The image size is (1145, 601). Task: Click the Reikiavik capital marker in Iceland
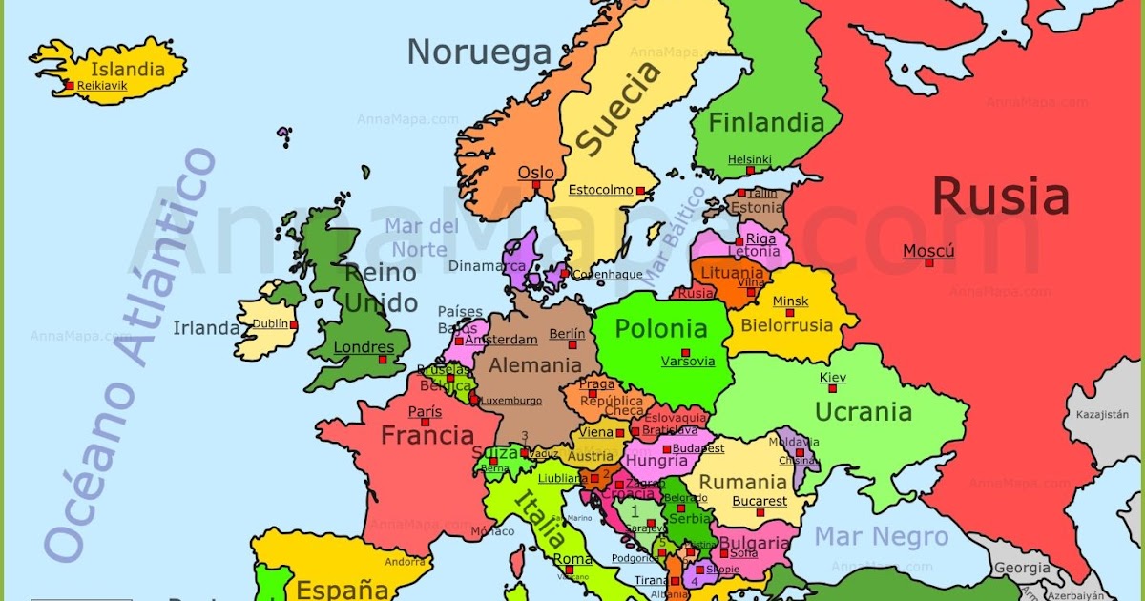pos(70,86)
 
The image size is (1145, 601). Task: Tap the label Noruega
pos(480,52)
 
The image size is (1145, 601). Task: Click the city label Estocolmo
pos(600,190)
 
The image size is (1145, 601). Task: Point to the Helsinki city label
pos(749,159)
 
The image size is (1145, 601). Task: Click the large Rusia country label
pos(1000,197)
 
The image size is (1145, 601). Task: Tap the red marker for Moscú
pos(929,262)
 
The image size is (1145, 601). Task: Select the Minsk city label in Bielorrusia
pos(790,301)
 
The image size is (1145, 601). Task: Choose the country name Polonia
pos(661,329)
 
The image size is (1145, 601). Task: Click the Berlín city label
pos(567,335)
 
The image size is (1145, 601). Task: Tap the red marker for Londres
pos(384,360)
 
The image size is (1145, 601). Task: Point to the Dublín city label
pos(270,323)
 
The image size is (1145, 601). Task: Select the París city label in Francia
pos(425,412)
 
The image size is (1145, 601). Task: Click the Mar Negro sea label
pos(881,536)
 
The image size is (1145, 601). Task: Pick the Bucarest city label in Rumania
pos(760,501)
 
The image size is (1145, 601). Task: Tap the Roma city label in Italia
pos(572,559)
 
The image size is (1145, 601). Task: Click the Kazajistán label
pos(1102,415)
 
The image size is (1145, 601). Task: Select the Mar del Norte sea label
pos(422,238)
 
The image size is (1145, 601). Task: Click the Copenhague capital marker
pos(565,274)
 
